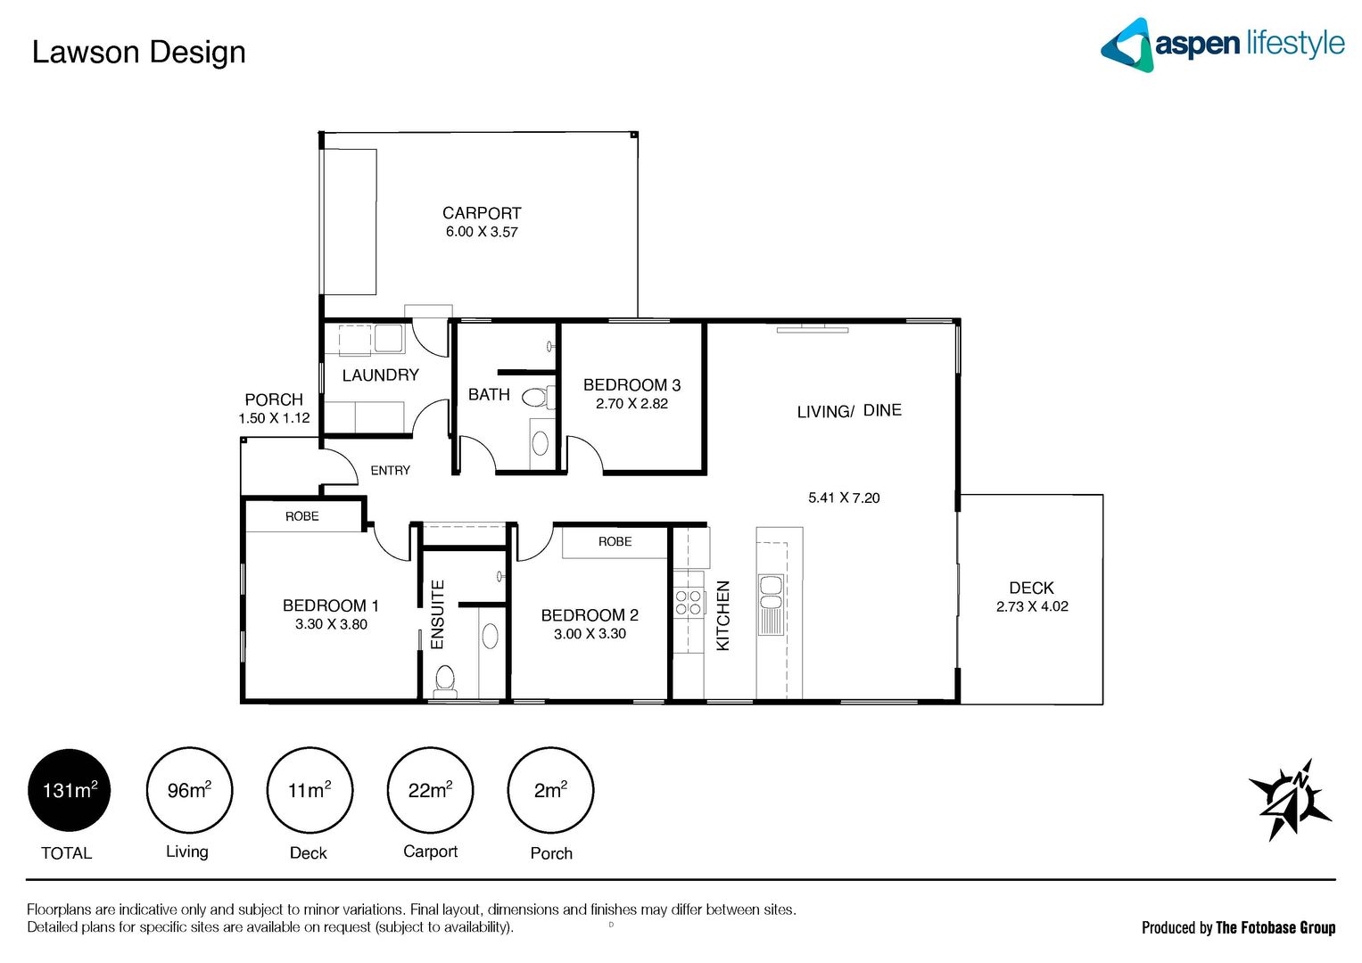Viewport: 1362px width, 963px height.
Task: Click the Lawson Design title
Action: click(x=138, y=52)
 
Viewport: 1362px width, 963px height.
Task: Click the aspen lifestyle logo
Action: click(x=1222, y=45)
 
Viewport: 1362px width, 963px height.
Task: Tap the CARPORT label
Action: click(x=482, y=213)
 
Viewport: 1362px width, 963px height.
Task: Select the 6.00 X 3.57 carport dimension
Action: click(x=482, y=232)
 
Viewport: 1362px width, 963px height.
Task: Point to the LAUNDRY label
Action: click(x=380, y=375)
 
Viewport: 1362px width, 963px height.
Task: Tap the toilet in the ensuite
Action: click(x=444, y=681)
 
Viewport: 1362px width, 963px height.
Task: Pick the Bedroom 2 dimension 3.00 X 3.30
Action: click(x=590, y=634)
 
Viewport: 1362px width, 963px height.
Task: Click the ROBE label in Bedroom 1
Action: click(x=302, y=516)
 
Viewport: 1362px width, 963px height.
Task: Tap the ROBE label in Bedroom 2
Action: click(x=615, y=541)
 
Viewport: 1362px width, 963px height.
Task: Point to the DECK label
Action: click(x=1031, y=588)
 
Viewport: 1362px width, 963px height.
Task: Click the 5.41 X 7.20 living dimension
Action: click(x=844, y=498)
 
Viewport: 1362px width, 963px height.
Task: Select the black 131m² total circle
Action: click(x=70, y=790)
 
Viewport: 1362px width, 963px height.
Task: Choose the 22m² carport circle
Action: click(x=430, y=790)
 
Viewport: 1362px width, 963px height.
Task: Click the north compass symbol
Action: click(x=1290, y=800)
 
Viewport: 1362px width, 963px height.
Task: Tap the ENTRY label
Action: click(x=391, y=470)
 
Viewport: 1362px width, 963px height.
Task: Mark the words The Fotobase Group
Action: click(x=1275, y=927)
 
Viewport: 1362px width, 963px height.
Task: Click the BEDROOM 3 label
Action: click(x=631, y=385)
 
